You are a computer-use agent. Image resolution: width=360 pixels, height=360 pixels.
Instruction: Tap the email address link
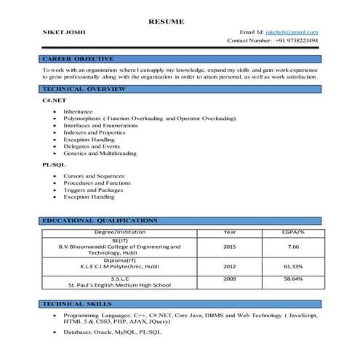(x=291, y=33)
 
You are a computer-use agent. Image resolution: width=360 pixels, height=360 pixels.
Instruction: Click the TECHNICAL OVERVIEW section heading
(x=84, y=89)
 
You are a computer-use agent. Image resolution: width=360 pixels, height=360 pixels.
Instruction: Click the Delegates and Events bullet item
(x=91, y=146)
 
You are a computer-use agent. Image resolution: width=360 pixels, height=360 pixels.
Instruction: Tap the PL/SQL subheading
(x=53, y=165)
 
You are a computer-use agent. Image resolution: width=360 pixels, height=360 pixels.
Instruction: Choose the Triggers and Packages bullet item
(x=93, y=190)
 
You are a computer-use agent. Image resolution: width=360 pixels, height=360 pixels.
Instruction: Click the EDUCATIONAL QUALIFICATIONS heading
(x=99, y=220)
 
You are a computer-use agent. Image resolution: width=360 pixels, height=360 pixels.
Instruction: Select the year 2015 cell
(x=229, y=247)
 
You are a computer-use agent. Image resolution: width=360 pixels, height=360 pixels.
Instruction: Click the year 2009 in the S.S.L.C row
(x=229, y=279)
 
